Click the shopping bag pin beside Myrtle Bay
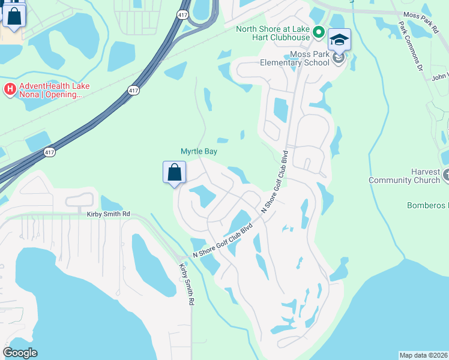pyautogui.click(x=174, y=173)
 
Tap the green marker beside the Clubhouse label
pyautogui.click(x=319, y=33)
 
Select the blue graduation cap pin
pyautogui.click(x=339, y=41)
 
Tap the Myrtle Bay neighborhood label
pyautogui.click(x=199, y=152)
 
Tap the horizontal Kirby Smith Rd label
pyautogui.click(x=108, y=214)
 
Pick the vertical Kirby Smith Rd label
pyautogui.click(x=186, y=285)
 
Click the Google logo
pyautogui.click(x=20, y=353)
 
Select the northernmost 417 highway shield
pyautogui.click(x=181, y=13)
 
